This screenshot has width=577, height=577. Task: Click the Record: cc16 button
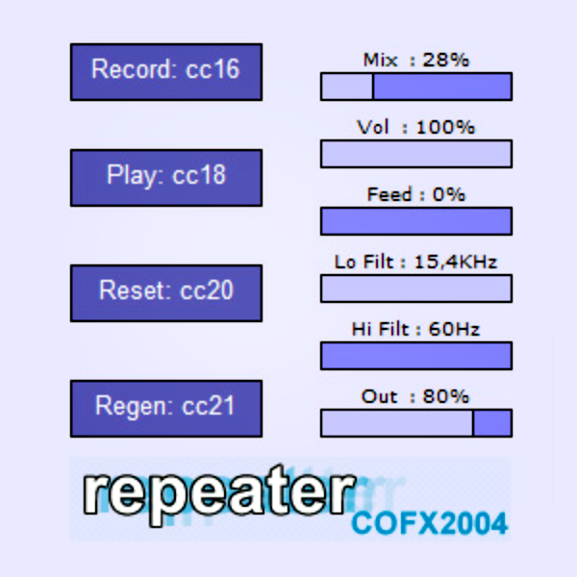coord(165,71)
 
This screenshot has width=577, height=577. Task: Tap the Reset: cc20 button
coord(165,292)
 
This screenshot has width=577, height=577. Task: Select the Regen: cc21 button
coord(165,408)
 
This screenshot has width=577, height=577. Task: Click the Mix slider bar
coord(415,87)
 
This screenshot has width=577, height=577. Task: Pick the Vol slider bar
coord(415,154)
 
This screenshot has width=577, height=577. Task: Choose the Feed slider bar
coord(415,221)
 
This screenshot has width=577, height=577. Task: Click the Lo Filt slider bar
coord(415,288)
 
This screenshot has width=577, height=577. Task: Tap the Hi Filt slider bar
coord(415,356)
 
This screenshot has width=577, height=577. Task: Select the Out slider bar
coord(415,423)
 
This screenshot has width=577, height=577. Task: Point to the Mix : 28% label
coord(415,60)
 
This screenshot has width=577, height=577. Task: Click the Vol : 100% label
coord(415,127)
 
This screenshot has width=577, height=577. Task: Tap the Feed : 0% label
coord(415,194)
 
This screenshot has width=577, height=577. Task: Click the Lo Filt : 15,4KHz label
coord(415,262)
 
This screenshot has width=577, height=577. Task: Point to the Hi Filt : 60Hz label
coord(415,329)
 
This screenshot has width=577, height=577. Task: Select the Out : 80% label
coord(415,396)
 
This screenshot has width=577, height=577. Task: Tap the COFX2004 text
coord(429,523)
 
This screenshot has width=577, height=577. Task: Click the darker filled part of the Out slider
coord(492,423)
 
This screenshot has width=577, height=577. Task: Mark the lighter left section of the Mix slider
coord(346,87)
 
